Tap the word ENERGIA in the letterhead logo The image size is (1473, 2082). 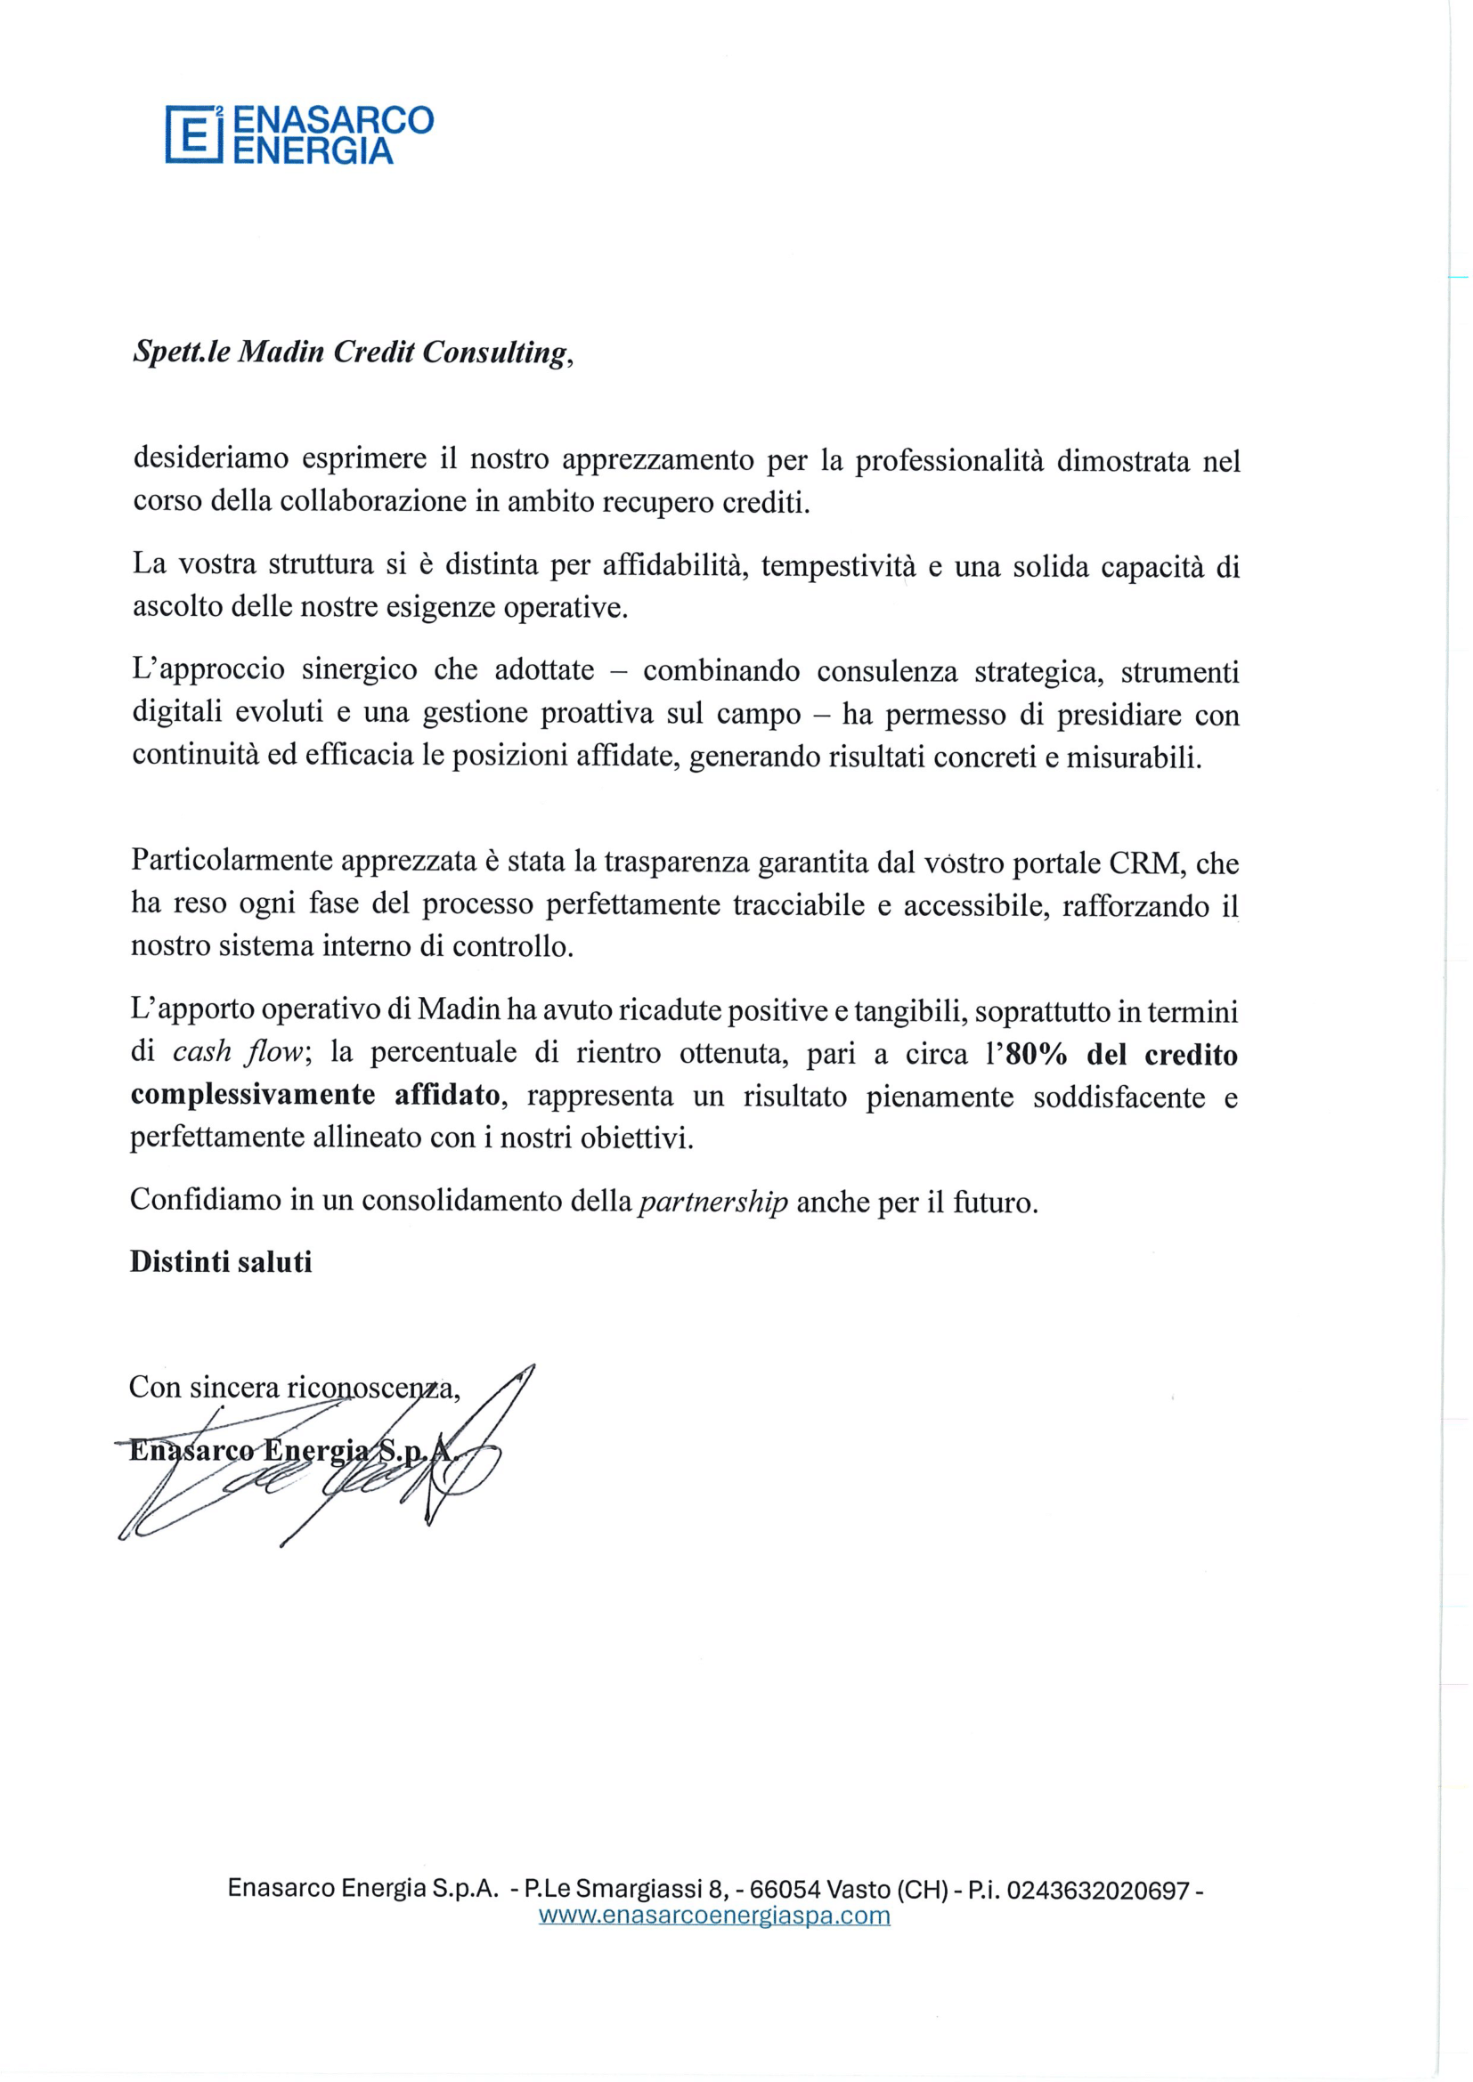click(x=313, y=150)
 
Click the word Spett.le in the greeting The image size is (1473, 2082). click(x=181, y=352)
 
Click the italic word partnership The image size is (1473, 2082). click(x=713, y=1203)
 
